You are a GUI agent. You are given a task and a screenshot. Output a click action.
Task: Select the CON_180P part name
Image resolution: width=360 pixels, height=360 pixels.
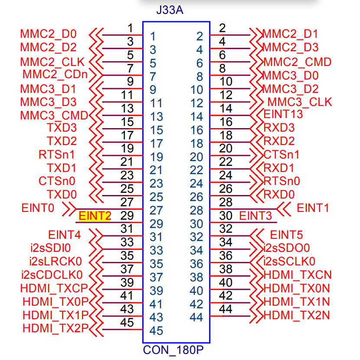point(173,350)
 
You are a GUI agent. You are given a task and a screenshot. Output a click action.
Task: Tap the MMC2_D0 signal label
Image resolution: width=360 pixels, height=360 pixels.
point(48,34)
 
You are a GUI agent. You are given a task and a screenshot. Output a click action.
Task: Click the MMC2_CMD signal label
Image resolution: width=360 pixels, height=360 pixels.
point(298,62)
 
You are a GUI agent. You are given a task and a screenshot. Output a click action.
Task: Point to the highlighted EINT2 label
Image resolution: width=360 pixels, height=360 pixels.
point(95,216)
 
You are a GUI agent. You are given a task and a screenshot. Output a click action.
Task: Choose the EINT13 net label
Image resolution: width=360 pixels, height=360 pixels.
point(283,115)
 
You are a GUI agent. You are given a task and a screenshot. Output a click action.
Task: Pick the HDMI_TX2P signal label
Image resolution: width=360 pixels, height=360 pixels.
point(56,327)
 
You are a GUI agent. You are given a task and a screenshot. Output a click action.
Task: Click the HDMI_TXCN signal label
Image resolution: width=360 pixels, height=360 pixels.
point(298,274)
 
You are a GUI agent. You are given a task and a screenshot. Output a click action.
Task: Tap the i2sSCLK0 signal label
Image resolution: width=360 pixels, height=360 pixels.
point(290,261)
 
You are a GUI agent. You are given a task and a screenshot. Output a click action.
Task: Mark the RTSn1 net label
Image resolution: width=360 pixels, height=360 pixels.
point(57,155)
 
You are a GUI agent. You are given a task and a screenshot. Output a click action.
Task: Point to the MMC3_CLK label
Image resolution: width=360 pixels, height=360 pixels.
point(300,102)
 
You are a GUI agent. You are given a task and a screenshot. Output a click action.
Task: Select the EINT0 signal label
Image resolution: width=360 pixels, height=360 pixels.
point(38,208)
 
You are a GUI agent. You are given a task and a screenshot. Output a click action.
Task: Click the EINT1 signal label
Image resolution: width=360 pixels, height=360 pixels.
point(313,208)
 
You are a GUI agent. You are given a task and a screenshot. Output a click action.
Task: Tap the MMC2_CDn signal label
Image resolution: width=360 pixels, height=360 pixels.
point(55,75)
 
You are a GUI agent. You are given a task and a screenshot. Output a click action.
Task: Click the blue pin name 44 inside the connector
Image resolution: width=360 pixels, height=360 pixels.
point(196,317)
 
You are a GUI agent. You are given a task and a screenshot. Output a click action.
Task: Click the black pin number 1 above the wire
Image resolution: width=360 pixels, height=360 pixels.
point(130,28)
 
